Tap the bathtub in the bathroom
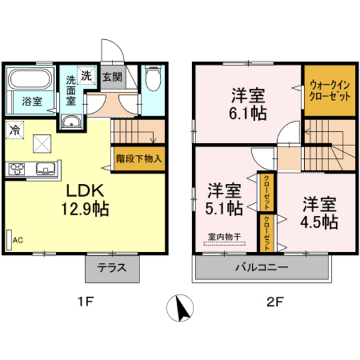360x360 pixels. click(31, 80)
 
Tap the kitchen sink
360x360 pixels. click(45, 169)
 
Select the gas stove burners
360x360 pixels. click(15, 169)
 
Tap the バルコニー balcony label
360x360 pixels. click(262, 267)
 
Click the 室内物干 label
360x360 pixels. click(224, 237)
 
